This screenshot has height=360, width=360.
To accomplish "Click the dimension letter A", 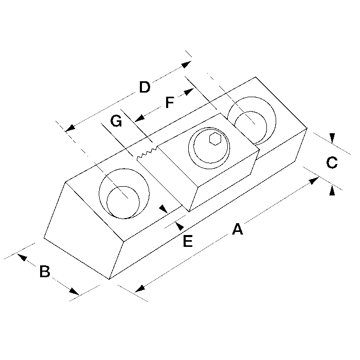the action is coord(238,229).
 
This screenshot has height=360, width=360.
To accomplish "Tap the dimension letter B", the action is coord(45,271).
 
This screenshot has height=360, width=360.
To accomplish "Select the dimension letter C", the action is coord(332,163).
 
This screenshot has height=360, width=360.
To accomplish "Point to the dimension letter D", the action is coord(145,87).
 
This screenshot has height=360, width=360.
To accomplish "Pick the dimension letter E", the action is coord(188,241).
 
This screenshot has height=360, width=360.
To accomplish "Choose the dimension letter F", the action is coord(170,102).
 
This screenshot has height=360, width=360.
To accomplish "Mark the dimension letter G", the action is coord(116,121).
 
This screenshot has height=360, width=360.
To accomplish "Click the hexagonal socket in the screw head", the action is coord(215,139).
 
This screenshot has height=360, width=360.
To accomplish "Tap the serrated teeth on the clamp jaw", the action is coord(147,153).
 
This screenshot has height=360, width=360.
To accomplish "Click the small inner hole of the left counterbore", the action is coord(123,202).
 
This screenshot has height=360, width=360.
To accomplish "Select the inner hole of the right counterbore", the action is coord(250,128).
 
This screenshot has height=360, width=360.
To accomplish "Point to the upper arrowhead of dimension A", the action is coord(314,181).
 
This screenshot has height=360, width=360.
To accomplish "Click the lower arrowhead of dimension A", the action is coord(140,289).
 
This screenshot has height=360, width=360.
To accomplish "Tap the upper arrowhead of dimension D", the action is coord(186,64).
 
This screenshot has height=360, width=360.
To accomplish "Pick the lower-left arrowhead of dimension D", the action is coord(70,128).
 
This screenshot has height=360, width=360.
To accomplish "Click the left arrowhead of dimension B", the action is coord(22,257).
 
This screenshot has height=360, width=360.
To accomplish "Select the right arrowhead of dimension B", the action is coord(74,291).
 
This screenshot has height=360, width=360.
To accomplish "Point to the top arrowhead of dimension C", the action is coord(332,138).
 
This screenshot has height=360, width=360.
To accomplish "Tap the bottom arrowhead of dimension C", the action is coord(332,191).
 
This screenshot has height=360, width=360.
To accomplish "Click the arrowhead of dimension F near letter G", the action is coord(139,118).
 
